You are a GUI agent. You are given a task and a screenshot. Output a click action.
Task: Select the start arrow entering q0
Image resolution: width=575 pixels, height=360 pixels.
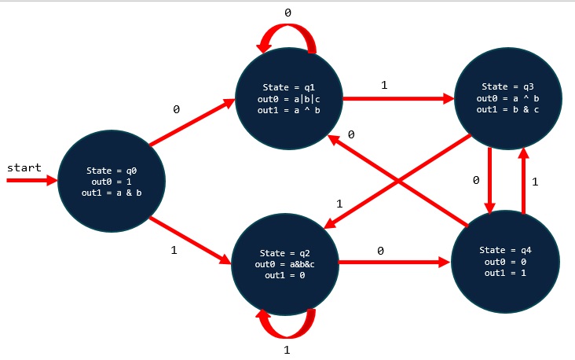[31, 181]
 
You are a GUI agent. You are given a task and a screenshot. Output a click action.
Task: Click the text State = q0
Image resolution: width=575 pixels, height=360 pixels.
[112, 171]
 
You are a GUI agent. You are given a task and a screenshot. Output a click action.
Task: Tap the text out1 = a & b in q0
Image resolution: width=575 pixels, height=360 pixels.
[112, 191]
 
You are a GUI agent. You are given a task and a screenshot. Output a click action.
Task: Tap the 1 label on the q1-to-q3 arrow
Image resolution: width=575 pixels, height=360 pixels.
[384, 85]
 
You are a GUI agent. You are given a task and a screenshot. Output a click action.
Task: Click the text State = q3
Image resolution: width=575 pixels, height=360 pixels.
[507, 86]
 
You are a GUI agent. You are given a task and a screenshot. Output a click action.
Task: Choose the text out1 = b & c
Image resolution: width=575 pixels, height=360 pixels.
[507, 109]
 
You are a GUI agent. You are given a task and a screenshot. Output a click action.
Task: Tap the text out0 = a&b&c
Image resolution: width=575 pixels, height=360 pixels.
[285, 264]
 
